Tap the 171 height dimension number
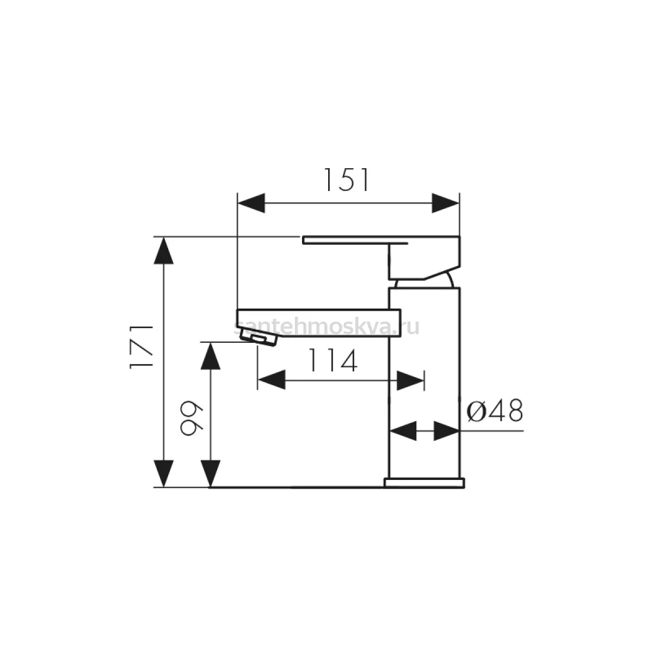141,347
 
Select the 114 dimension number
332,361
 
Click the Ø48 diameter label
495,411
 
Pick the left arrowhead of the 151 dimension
251,204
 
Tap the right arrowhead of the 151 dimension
445,204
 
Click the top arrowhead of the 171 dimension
164,251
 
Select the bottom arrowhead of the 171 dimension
164,473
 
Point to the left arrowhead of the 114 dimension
272,380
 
